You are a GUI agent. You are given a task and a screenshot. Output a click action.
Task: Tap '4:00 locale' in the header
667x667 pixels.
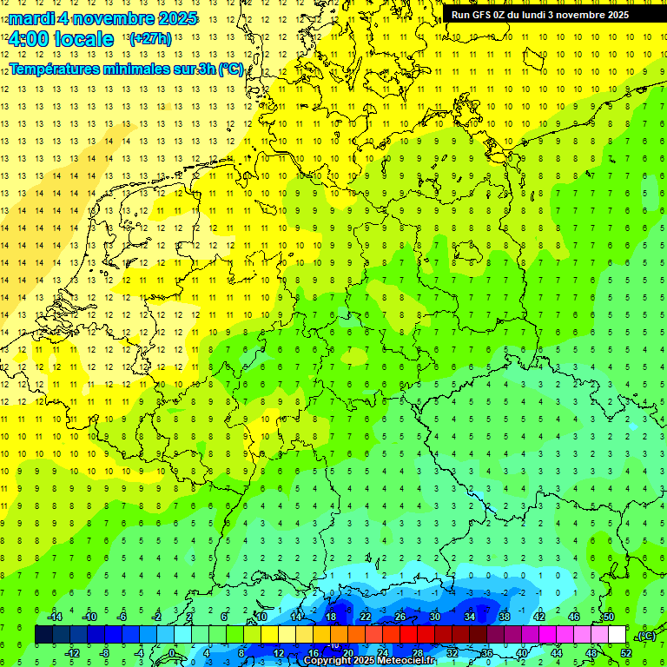(61, 39)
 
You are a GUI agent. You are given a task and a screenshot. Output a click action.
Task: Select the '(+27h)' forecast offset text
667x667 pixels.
(150, 39)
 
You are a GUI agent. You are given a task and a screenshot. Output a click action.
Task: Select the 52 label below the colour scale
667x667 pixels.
(626, 653)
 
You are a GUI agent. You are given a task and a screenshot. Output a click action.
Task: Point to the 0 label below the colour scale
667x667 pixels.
(171, 653)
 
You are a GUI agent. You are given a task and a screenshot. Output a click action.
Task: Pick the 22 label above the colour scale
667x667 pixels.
(365, 617)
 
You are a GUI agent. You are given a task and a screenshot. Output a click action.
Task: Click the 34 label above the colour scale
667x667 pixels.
(469, 617)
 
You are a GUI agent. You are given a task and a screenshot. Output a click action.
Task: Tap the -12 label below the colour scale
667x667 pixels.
(72, 653)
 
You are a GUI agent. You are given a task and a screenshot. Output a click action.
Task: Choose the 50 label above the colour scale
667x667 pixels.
(608, 617)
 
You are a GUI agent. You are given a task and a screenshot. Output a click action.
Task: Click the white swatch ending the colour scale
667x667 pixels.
(617, 635)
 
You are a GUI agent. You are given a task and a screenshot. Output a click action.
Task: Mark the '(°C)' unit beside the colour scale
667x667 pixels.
(645, 636)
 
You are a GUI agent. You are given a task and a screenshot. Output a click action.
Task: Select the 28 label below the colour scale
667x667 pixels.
(418, 653)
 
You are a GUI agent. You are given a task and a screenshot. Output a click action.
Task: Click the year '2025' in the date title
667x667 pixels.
(176, 18)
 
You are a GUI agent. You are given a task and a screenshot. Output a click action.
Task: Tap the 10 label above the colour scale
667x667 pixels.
(261, 617)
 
